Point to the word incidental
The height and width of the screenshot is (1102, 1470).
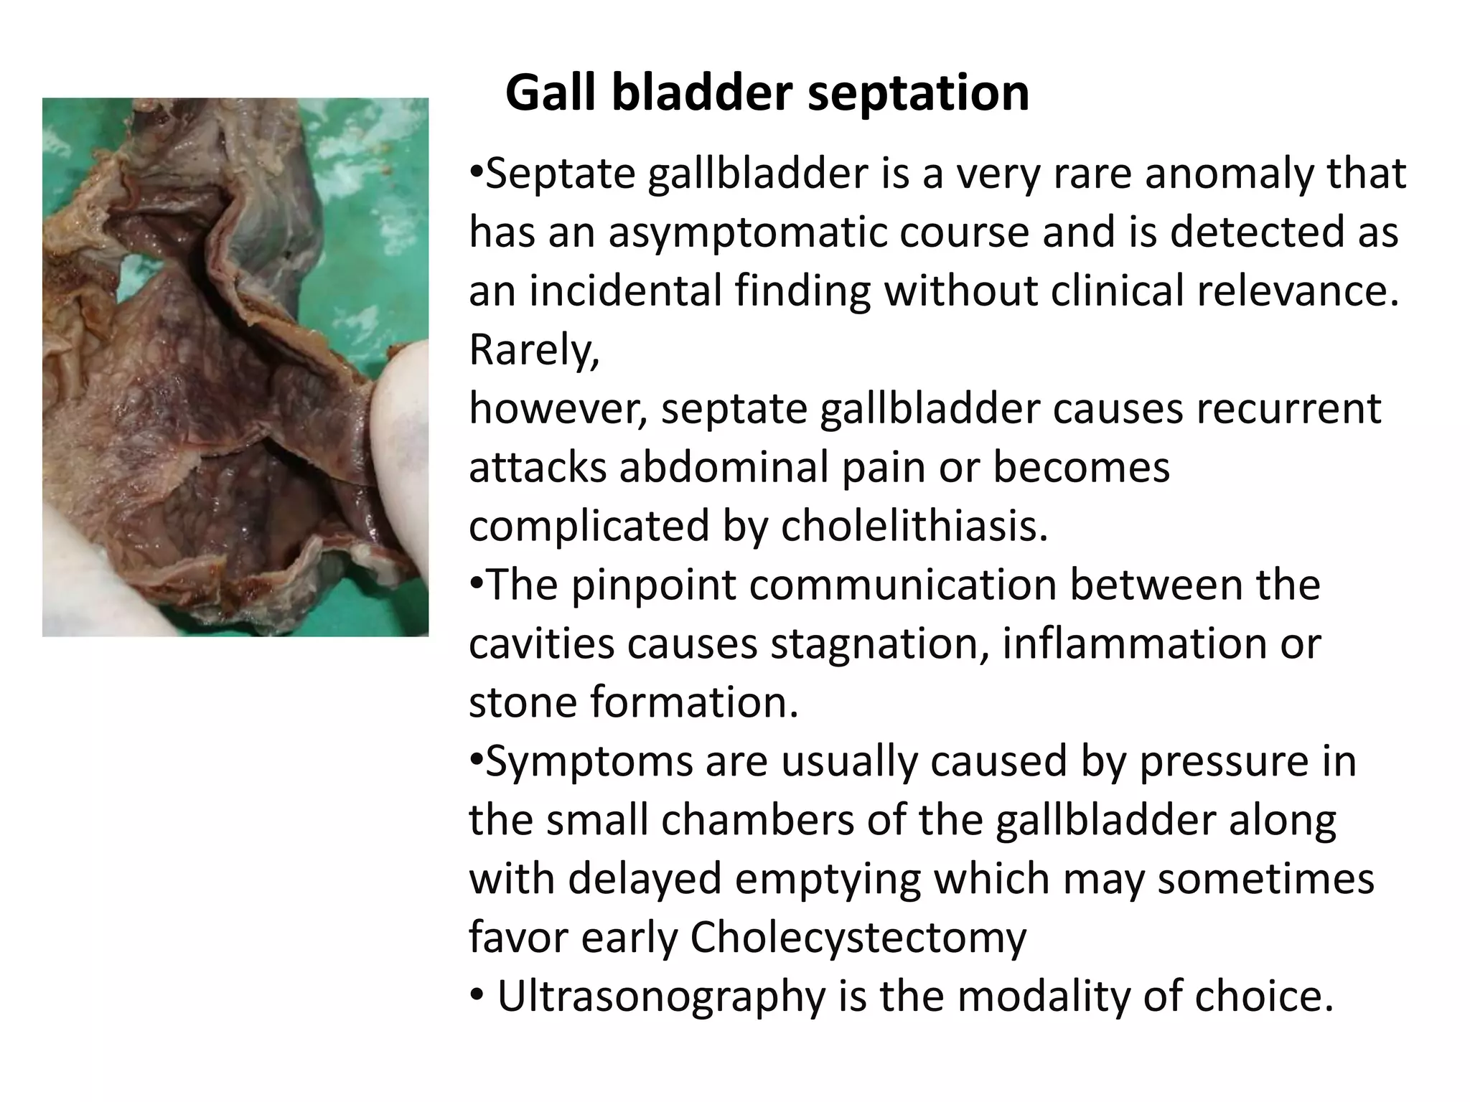(x=625, y=291)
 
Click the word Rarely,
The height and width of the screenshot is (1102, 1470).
(x=534, y=350)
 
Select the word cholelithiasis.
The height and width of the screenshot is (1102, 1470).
(x=914, y=526)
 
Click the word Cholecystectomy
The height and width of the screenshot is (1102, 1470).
(x=858, y=938)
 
